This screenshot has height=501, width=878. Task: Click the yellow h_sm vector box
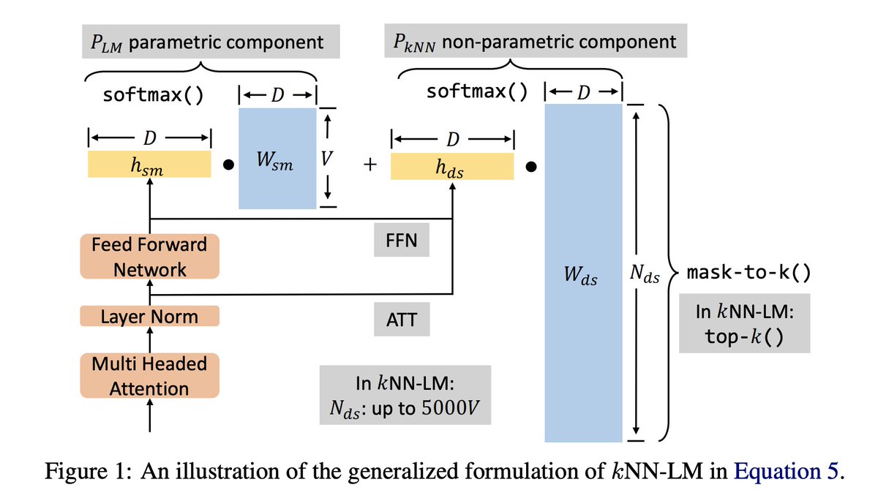click(149, 165)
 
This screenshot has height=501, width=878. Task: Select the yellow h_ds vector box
click(451, 165)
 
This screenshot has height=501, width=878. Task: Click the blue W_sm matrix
click(275, 158)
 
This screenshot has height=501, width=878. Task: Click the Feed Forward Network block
click(149, 257)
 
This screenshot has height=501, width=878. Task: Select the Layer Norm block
click(149, 317)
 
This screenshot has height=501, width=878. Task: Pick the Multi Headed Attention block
click(149, 376)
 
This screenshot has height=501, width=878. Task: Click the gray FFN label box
click(401, 241)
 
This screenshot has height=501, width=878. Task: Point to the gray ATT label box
click(400, 320)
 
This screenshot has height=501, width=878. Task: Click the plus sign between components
click(369, 165)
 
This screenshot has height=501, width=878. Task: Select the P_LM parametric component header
click(202, 42)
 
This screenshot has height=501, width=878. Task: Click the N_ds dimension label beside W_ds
click(644, 277)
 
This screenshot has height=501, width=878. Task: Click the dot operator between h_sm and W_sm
click(228, 165)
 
